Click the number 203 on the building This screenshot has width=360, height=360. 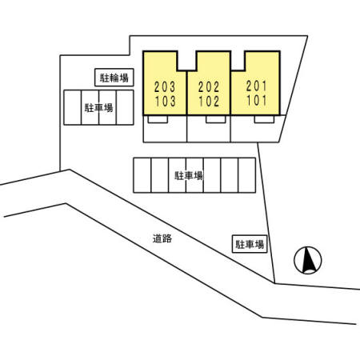pyautogui.click(x=165, y=87)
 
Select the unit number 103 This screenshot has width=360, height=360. pyautogui.click(x=166, y=102)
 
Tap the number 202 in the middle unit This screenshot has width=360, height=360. pyautogui.click(x=209, y=87)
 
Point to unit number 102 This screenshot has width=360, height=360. pyautogui.click(x=209, y=102)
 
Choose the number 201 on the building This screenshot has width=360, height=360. pyautogui.click(x=256, y=86)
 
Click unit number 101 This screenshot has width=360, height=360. pyautogui.click(x=257, y=101)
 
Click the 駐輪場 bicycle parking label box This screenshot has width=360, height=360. pyautogui.click(x=114, y=78)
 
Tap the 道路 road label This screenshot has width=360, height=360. pyautogui.click(x=162, y=238)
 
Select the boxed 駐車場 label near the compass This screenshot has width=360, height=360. pyautogui.click(x=250, y=244)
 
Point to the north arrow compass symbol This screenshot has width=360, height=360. pyautogui.click(x=308, y=260)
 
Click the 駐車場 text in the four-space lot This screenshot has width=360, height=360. pyautogui.click(x=98, y=108)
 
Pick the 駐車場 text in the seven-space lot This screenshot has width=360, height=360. pyautogui.click(x=189, y=176)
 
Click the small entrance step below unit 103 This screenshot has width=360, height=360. pyautogui.click(x=158, y=119)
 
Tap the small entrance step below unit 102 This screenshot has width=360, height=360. pyautogui.click(x=216, y=119)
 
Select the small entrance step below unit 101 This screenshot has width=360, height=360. pyautogui.click(x=264, y=119)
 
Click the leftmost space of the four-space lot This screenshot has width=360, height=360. pyautogui.click(x=72, y=107)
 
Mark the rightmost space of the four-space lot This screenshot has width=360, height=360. pyautogui.click(x=125, y=107)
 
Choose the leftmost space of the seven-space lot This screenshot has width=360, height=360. pyautogui.click(x=142, y=175)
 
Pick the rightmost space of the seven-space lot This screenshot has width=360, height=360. pyautogui.click(x=247, y=175)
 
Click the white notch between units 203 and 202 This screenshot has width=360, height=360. pyautogui.click(x=186, y=61)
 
